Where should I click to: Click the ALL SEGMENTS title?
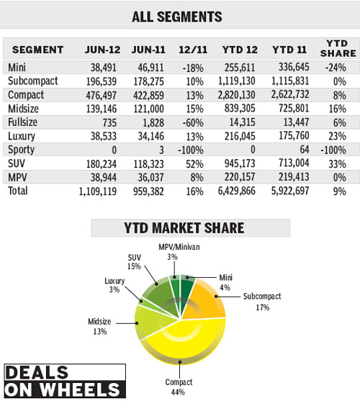[178, 16]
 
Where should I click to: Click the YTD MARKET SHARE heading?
[190, 229]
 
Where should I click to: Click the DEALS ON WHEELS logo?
[64, 381]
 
